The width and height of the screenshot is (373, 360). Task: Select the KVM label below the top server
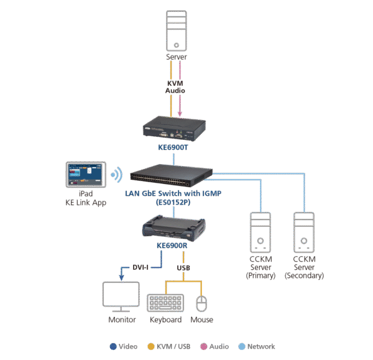(175, 82)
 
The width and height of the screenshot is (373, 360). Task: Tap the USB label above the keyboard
(183, 267)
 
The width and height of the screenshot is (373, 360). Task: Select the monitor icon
(122, 297)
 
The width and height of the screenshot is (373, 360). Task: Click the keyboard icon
(165, 303)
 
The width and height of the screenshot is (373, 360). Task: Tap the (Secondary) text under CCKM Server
(304, 275)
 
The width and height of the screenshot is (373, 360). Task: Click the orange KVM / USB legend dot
(152, 346)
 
